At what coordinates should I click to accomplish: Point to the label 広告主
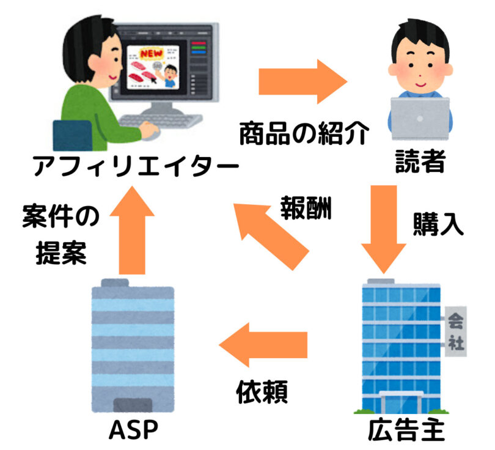click(405, 431)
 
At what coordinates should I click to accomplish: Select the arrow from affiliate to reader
click(302, 81)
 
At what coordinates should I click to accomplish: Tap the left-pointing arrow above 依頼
click(264, 345)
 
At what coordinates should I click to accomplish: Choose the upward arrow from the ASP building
click(132, 232)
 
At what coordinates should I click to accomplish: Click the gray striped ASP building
click(133, 346)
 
